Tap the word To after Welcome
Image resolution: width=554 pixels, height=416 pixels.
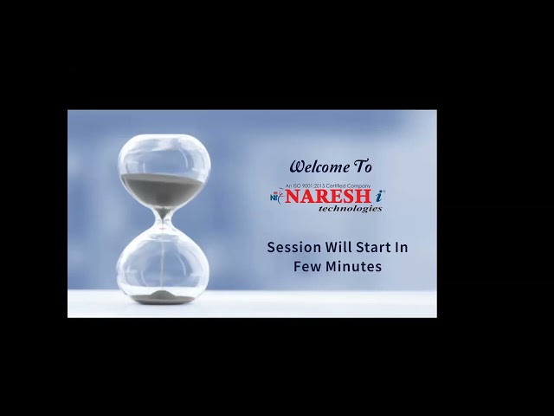pyautogui.click(x=363, y=166)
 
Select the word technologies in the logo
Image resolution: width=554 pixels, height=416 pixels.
pyautogui.click(x=350, y=209)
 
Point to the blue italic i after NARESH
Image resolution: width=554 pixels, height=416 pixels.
pyautogui.click(x=380, y=197)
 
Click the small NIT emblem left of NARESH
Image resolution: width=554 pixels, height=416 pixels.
pyautogui.click(x=276, y=197)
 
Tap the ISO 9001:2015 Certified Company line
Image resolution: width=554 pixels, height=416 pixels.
pyautogui.click(x=328, y=186)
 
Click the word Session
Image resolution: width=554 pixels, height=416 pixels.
pyautogui.click(x=293, y=247)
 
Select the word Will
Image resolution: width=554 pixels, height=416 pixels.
pyautogui.click(x=338, y=247)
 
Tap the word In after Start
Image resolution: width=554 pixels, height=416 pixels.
pyautogui.click(x=402, y=247)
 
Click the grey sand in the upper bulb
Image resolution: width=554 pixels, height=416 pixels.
pyautogui.click(x=163, y=184)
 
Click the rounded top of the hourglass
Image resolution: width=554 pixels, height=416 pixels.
pyautogui.click(x=164, y=139)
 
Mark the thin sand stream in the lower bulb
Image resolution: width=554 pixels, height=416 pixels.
pyautogui.click(x=164, y=260)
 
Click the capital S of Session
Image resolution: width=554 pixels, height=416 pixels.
pyautogui.click(x=272, y=247)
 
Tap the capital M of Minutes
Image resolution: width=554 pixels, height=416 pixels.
pyautogui.click(x=332, y=267)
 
